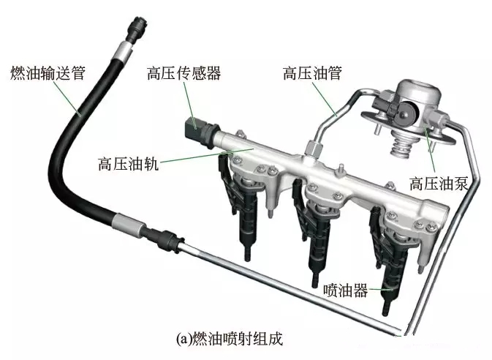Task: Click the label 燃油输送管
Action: click(48, 73)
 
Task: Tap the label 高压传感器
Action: click(184, 73)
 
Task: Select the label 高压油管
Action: click(312, 73)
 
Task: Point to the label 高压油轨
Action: click(129, 163)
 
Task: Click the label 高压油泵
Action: click(439, 183)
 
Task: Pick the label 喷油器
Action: click(346, 290)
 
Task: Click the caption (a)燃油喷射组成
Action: click(230, 339)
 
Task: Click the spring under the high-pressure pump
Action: click(401, 144)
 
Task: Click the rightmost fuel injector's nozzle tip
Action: click(385, 310)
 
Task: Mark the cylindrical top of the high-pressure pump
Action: click(418, 91)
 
